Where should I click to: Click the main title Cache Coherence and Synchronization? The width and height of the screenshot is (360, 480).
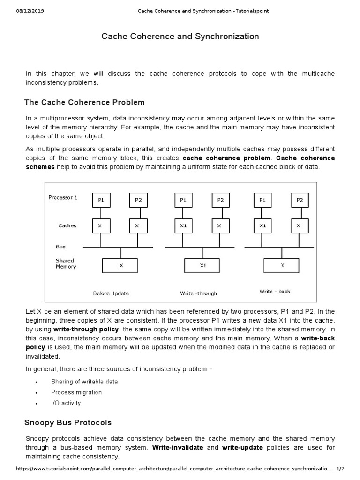180,37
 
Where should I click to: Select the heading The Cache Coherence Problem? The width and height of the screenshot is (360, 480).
84,102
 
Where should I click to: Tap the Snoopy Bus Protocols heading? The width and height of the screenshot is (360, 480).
68,423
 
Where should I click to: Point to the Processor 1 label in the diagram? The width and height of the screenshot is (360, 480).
63,197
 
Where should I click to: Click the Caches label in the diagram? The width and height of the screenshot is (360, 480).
67,225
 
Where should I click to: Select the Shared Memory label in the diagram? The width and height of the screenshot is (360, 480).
65,263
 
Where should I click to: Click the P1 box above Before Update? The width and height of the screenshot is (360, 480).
101,200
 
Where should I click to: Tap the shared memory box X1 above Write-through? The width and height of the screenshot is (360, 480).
202,265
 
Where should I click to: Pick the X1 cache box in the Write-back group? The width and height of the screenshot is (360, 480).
262,226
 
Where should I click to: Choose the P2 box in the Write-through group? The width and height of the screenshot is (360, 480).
220,200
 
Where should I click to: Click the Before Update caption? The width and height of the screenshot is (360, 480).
111,293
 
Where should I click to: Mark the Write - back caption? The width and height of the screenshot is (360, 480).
275,291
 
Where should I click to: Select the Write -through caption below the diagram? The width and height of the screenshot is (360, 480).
198,293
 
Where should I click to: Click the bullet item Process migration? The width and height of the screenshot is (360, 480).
76,392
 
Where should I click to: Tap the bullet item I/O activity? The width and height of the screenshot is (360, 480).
66,403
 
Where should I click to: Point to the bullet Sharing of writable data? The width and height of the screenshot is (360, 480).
84,382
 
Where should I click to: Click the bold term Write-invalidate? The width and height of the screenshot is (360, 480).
178,448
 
